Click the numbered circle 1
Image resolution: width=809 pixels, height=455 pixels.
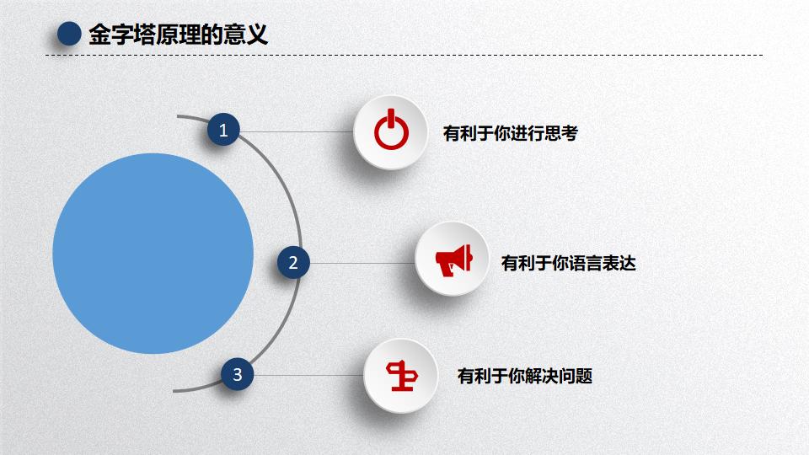click(x=223, y=131)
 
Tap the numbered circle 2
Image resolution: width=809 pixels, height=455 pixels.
click(x=293, y=263)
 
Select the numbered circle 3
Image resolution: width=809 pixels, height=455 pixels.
click(x=238, y=375)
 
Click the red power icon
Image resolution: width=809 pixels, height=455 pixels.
click(x=391, y=131)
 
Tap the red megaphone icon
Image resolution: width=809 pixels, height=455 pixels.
click(x=453, y=260)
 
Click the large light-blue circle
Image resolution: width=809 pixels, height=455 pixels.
click(x=153, y=253)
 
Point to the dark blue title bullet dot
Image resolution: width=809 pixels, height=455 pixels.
click(x=68, y=35)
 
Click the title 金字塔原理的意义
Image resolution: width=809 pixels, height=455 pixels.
click(x=178, y=35)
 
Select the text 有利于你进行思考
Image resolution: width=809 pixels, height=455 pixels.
click(x=510, y=133)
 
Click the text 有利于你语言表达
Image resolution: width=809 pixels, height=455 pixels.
click(x=568, y=263)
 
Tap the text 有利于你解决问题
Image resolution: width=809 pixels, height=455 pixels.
click(x=524, y=376)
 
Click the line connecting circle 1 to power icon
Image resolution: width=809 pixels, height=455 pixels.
click(x=295, y=131)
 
